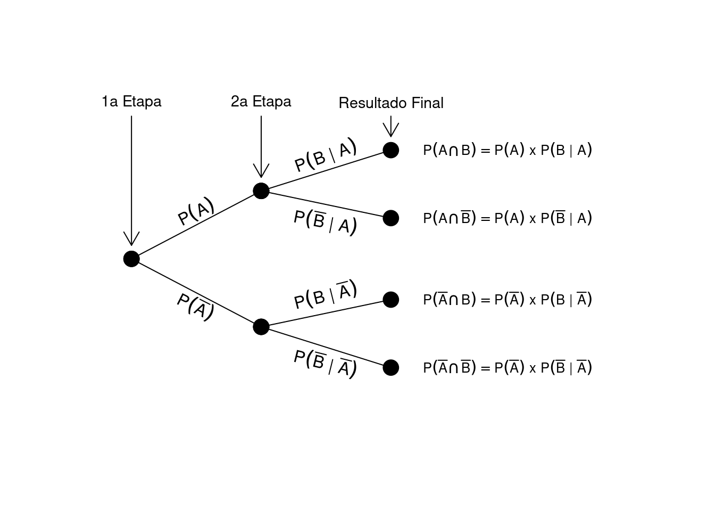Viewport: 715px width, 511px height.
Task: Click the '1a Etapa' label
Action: pos(131,102)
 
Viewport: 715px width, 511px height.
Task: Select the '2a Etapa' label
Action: pos(261,102)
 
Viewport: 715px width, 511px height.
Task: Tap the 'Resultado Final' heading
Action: pos(391,103)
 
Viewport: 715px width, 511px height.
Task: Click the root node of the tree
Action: pos(131,259)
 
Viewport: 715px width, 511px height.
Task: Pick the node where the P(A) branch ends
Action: pos(261,191)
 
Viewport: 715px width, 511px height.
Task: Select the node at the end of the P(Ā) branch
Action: pos(261,326)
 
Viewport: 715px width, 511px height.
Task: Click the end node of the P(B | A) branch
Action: pos(391,150)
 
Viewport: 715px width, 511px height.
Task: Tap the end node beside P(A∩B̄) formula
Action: pos(391,218)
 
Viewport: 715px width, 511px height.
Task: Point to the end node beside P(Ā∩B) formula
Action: pos(391,300)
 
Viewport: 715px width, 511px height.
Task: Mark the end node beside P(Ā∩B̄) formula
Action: pos(391,367)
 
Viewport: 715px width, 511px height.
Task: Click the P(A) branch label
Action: pos(196,211)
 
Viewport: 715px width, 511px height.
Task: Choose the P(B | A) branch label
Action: pos(325,155)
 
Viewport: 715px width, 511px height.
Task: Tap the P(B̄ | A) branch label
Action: pos(325,221)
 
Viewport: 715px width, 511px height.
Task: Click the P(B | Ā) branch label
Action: pos(325,294)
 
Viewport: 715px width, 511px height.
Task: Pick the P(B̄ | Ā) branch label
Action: pos(325,363)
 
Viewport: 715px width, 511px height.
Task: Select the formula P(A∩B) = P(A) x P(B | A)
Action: pos(508,150)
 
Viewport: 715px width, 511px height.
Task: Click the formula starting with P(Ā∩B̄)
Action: pos(508,367)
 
